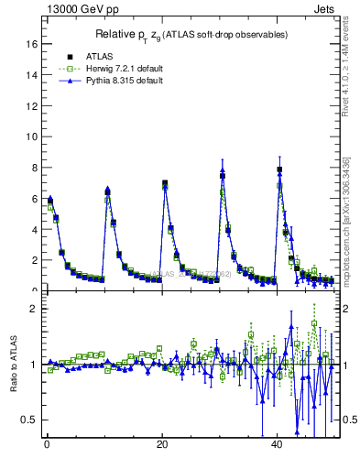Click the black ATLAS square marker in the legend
pos(69,56)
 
